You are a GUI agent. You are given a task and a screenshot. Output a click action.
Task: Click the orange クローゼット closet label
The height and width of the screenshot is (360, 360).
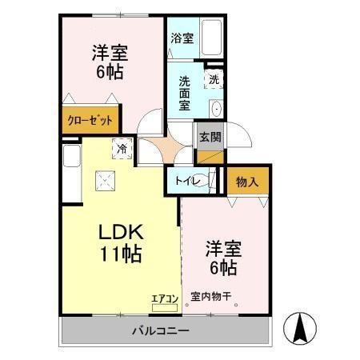tap(88, 121)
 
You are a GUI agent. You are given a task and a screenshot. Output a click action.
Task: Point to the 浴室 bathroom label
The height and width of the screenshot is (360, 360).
tap(182, 38)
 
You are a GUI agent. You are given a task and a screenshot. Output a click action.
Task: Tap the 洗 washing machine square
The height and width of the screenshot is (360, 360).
tap(214, 79)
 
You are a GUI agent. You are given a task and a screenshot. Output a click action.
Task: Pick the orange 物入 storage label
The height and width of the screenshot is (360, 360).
tap(247, 182)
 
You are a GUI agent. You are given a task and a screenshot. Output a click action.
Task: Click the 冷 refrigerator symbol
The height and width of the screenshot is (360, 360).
tap(122, 147)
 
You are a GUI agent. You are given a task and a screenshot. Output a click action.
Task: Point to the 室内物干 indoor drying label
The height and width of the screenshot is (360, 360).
tap(210, 298)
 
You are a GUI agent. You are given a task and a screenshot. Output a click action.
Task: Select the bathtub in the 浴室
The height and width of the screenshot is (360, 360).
tap(214, 38)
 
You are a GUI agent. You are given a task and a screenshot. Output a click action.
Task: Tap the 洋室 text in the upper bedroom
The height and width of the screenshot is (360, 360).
tap(110, 54)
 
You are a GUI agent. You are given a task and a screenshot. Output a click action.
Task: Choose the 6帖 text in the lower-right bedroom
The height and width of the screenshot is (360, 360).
tap(224, 266)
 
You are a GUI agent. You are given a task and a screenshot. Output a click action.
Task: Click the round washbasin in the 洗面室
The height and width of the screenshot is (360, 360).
tap(216, 109)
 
